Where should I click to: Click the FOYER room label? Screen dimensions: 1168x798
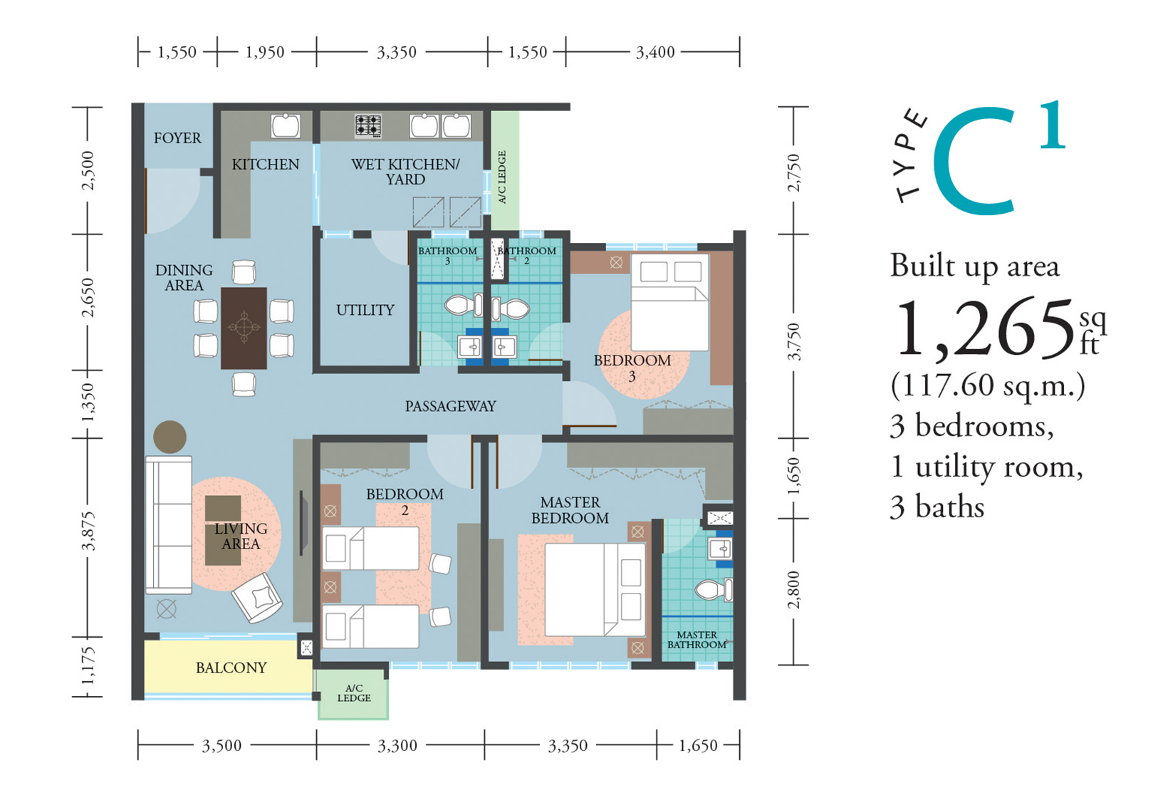point(177,138)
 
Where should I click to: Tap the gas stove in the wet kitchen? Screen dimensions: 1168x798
point(368,125)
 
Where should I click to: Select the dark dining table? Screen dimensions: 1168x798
point(244,328)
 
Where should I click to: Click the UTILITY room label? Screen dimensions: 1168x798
point(365,311)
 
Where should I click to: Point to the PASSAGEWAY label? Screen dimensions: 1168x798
point(451,406)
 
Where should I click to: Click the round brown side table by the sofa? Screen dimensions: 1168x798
point(170,437)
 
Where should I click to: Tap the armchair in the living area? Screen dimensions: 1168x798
point(258,598)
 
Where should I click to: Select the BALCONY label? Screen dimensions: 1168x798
point(231,668)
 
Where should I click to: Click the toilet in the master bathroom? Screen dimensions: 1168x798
point(714,590)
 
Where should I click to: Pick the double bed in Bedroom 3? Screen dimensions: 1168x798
point(670,302)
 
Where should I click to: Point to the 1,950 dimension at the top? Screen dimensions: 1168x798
point(265,52)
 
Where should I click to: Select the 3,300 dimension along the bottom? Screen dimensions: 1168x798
point(397,746)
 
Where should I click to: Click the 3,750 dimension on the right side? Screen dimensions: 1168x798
point(793,341)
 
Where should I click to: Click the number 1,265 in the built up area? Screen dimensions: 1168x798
point(983,328)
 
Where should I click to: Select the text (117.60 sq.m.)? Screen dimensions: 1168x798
point(988,385)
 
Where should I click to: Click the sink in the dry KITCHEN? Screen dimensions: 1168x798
point(286,126)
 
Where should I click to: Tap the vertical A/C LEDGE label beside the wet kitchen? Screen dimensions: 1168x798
point(502,177)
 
